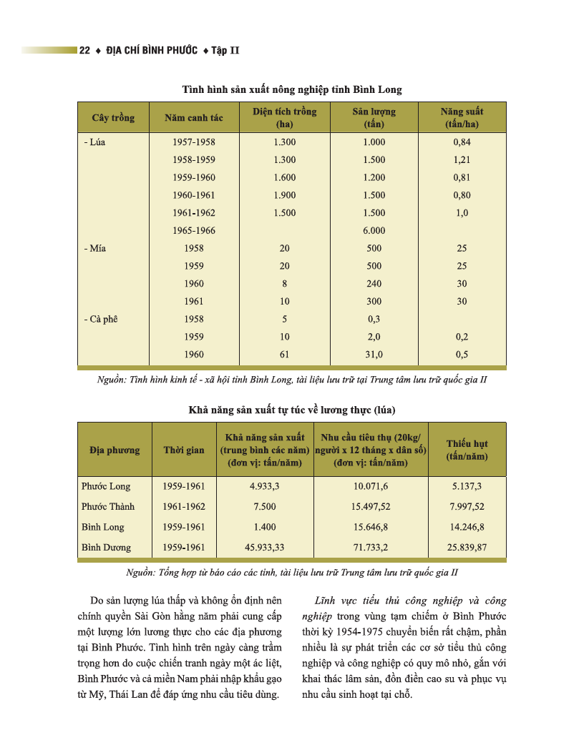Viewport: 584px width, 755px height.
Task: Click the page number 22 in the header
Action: pyautogui.click(x=84, y=51)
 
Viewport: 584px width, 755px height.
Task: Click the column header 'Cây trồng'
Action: pyautogui.click(x=113, y=117)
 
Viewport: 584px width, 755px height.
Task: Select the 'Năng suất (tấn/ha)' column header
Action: pyautogui.click(x=462, y=117)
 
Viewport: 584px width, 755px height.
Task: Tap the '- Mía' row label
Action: pyautogui.click(x=94, y=249)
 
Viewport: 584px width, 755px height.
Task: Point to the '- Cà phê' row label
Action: pyautogui.click(x=100, y=319)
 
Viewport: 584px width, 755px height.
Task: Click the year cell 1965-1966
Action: pyautogui.click(x=194, y=231)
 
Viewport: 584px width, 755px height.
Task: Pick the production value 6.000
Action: pyautogui.click(x=374, y=231)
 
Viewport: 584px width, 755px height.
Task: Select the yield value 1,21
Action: pyautogui.click(x=462, y=160)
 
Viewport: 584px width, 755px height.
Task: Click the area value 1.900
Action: pyautogui.click(x=284, y=195)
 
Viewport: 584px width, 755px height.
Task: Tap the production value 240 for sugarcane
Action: pyautogui.click(x=374, y=284)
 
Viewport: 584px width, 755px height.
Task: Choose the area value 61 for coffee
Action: pyautogui.click(x=284, y=355)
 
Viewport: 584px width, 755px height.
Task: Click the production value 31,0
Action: pyautogui.click(x=374, y=355)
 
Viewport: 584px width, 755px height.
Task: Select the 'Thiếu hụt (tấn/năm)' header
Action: pyautogui.click(x=467, y=450)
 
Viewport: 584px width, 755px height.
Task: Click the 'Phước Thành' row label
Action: pyautogui.click(x=107, y=507)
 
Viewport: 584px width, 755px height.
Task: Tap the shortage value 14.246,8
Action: pyautogui.click(x=467, y=528)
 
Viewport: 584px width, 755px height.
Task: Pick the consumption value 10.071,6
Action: pyautogui.click(x=370, y=487)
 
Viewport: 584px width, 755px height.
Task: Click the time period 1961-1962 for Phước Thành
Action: pyautogui.click(x=184, y=507)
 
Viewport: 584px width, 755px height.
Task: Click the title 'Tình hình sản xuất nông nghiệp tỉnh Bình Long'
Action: pyautogui.click(x=291, y=90)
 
